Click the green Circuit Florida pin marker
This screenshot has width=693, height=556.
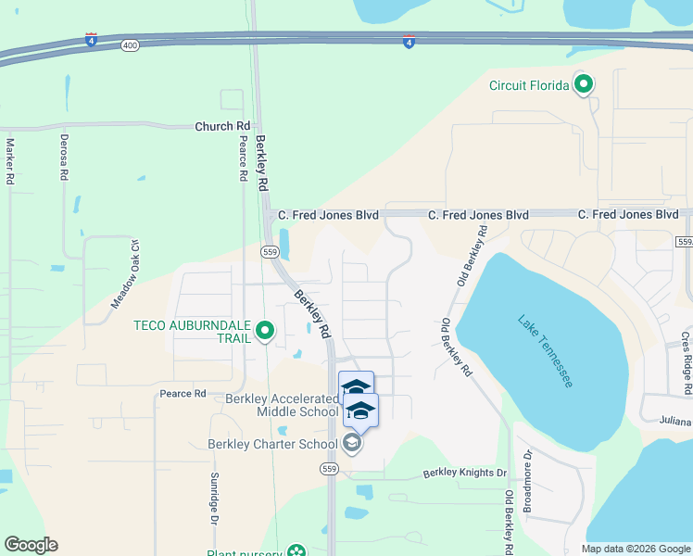point(584,85)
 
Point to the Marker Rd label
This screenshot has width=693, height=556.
point(11,162)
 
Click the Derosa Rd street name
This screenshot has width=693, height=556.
point(63,159)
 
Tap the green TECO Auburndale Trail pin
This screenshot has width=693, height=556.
point(264,330)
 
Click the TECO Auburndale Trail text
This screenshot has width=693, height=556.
point(193,331)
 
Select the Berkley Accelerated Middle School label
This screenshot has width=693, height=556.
point(282,405)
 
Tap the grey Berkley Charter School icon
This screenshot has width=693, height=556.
point(351,444)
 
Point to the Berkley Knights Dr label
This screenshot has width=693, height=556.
point(465,473)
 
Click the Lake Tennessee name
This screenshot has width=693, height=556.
point(546,351)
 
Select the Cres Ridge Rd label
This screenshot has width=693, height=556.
point(686,364)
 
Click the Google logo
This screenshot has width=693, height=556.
point(31,545)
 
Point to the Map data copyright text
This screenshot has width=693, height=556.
point(635,549)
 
